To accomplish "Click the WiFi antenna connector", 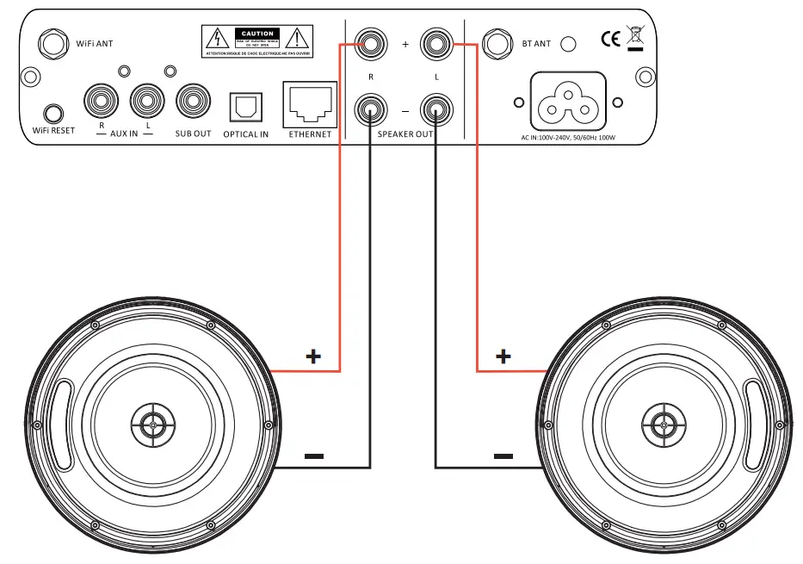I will click(53, 41).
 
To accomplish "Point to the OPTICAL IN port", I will click(245, 108).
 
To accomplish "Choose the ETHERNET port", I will click(309, 105).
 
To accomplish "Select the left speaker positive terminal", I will click(435, 41).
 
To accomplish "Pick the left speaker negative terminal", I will click(435, 110).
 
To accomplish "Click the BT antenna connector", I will click(496, 42).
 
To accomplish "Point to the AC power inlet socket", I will click(567, 102).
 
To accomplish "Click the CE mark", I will click(611, 39).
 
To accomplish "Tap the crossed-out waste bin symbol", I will click(636, 36).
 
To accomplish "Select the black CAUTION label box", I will click(256, 34).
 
